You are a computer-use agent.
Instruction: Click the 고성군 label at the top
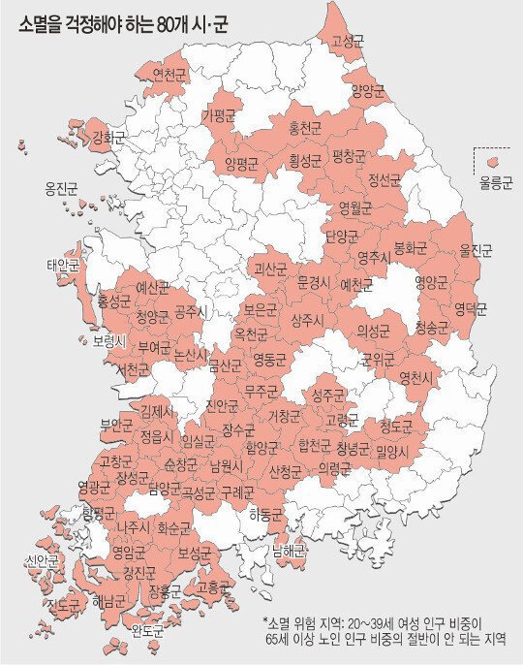point(348,41)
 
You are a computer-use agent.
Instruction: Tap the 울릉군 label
point(495,181)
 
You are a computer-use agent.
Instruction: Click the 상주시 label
point(308,319)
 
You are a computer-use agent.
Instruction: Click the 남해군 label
point(290,551)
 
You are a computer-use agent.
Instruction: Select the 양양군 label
point(367,90)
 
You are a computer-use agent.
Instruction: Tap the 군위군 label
point(379,360)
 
